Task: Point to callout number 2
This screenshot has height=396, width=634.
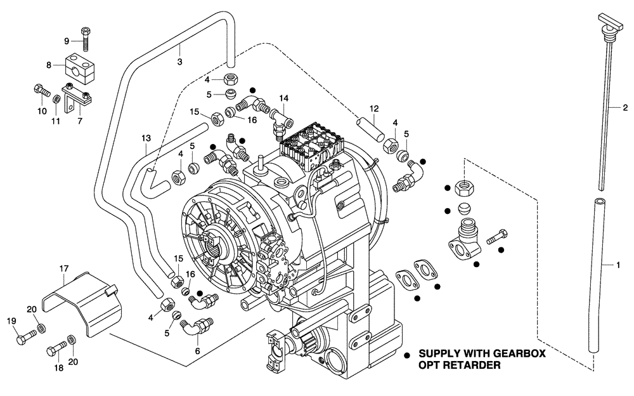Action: [x=624, y=107]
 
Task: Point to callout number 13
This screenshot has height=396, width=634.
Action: [x=146, y=138]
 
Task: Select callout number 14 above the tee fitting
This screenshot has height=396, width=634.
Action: [x=284, y=98]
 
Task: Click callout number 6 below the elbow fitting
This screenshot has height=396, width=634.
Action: [x=197, y=350]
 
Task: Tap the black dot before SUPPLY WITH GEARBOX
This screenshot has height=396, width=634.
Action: [x=406, y=353]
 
